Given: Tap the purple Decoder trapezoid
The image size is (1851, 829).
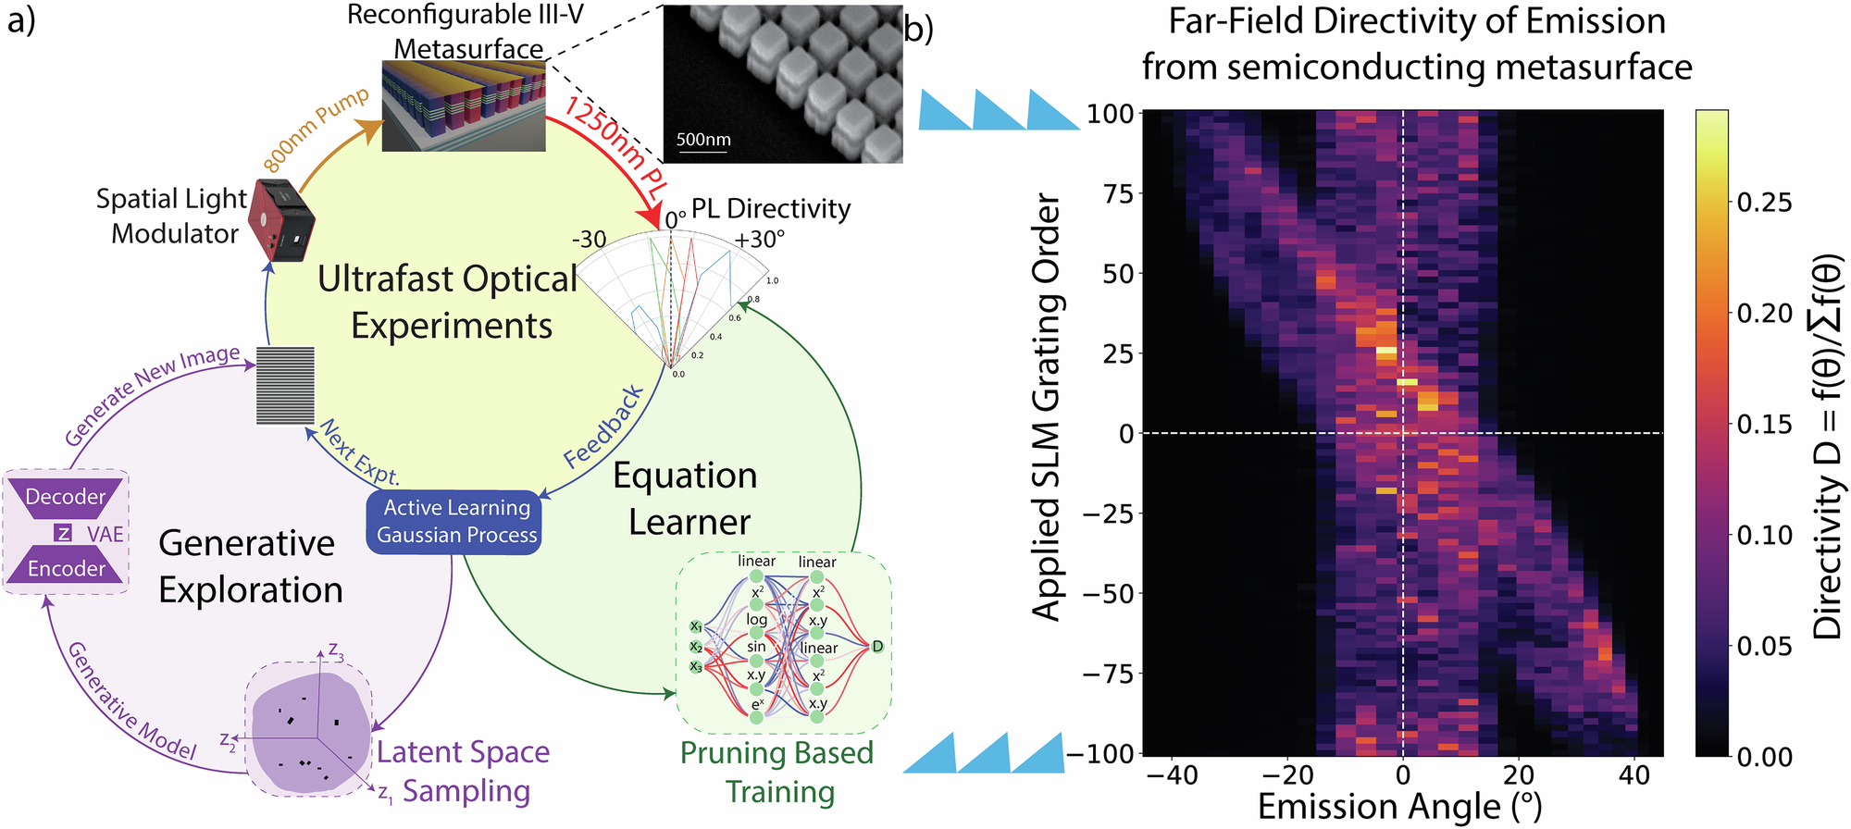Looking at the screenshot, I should pyautogui.click(x=66, y=497).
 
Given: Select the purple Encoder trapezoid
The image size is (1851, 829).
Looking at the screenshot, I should pyautogui.click(x=66, y=568).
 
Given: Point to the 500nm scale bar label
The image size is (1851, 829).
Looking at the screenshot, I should pyautogui.click(x=703, y=140).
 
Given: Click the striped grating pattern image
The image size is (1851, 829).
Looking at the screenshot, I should pyautogui.click(x=285, y=386).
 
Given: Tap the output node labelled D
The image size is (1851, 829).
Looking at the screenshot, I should pyautogui.click(x=877, y=646).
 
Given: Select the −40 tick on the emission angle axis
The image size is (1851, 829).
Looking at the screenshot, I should pyautogui.click(x=1173, y=775).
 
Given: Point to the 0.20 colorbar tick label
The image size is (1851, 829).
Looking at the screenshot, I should pyautogui.click(x=1764, y=314).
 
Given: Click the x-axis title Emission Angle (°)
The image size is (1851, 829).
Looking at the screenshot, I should pyautogui.click(x=1400, y=807).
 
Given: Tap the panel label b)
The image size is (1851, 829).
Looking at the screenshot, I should pyautogui.click(x=919, y=30).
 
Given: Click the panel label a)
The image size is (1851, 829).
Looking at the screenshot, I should pyautogui.click(x=21, y=20).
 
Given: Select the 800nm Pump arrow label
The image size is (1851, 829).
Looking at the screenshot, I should pyautogui.click(x=316, y=130).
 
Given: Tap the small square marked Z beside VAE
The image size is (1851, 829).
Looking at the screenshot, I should pyautogui.click(x=63, y=533).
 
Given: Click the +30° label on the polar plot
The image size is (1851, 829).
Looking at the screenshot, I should pyautogui.click(x=759, y=240).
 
